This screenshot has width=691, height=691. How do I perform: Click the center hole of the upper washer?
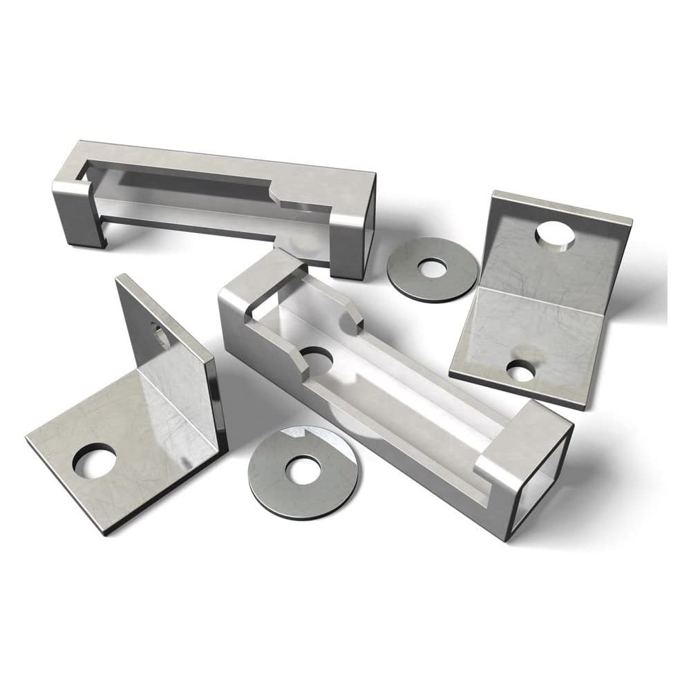tap(433, 265)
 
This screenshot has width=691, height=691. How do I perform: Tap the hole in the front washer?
tap(301, 471)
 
